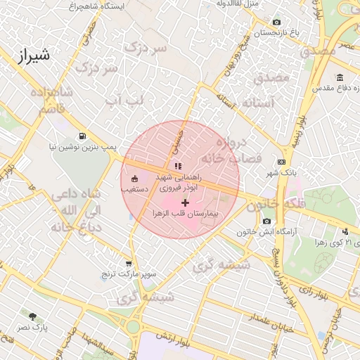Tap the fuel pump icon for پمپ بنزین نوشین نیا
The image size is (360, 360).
82,136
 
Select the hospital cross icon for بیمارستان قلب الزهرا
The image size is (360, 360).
185,202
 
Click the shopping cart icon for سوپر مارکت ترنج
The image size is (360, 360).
128,264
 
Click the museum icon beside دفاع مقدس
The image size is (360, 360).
340,77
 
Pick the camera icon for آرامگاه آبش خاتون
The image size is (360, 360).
266,221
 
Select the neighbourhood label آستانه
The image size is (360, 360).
257,103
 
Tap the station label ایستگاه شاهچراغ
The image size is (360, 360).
92,6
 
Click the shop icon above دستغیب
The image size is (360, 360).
134,179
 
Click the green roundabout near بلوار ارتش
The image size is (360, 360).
132,327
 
